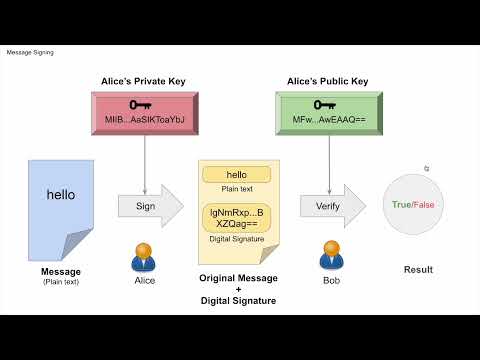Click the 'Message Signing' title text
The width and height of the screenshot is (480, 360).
pyautogui.click(x=30, y=52)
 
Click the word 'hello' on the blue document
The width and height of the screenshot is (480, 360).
pyautogui.click(x=61, y=195)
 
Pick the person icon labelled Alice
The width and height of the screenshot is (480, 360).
pyautogui.click(x=145, y=256)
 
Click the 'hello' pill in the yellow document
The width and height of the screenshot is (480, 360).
pyautogui.click(x=236, y=176)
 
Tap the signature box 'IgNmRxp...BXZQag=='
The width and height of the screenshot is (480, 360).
pyautogui.click(x=236, y=219)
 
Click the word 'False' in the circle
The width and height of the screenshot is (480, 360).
pyautogui.click(x=427, y=205)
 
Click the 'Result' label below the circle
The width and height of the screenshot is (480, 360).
pyautogui.click(x=417, y=270)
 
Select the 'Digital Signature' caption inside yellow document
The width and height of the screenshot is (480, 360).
pyautogui.click(x=236, y=240)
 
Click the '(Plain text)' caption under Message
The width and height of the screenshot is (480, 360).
pyautogui.click(x=61, y=282)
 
